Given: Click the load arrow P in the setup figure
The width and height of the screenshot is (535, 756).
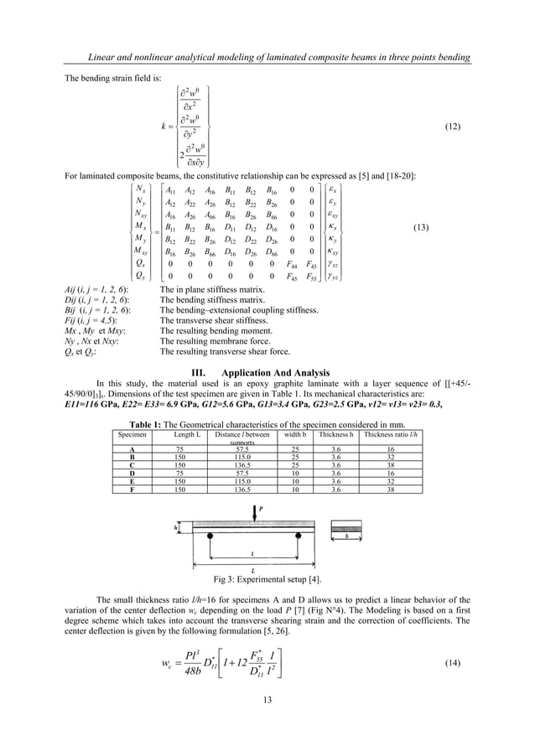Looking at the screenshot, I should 258,513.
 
